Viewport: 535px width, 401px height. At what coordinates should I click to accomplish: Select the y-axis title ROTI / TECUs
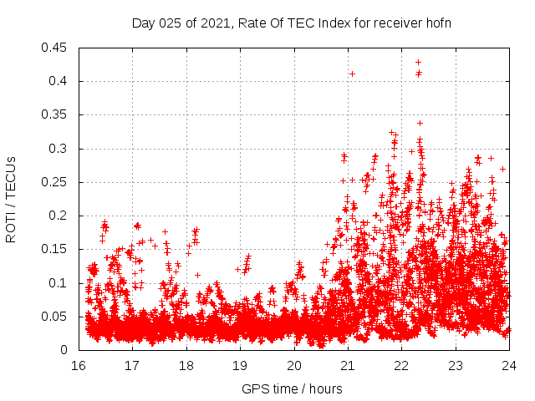coord(11,199)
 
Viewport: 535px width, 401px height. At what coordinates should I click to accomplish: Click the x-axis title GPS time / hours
coord(293,388)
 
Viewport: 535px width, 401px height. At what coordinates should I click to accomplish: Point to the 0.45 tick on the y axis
coord(57,48)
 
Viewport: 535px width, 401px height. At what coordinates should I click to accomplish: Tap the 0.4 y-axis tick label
coord(60,81)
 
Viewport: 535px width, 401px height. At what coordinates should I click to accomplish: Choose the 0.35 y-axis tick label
coord(57,114)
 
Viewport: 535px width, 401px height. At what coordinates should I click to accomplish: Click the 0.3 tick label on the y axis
coord(60,149)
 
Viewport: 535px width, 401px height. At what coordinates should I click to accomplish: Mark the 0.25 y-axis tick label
coord(57,182)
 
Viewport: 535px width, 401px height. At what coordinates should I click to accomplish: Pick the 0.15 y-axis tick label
coord(57,249)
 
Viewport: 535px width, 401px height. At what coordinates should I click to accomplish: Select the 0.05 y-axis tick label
coord(57,317)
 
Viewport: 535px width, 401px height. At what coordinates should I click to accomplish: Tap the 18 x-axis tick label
coord(186,366)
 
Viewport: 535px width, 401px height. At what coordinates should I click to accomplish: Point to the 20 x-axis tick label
coord(293,366)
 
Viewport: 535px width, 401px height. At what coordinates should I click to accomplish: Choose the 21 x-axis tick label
coord(348,366)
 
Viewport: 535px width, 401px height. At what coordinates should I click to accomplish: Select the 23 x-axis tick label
coord(455,366)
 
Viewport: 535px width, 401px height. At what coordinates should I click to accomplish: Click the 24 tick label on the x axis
coord(508,366)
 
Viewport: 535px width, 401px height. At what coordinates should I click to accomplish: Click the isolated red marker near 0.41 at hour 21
coord(352,74)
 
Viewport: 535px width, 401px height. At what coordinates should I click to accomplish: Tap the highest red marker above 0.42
coord(418,62)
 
